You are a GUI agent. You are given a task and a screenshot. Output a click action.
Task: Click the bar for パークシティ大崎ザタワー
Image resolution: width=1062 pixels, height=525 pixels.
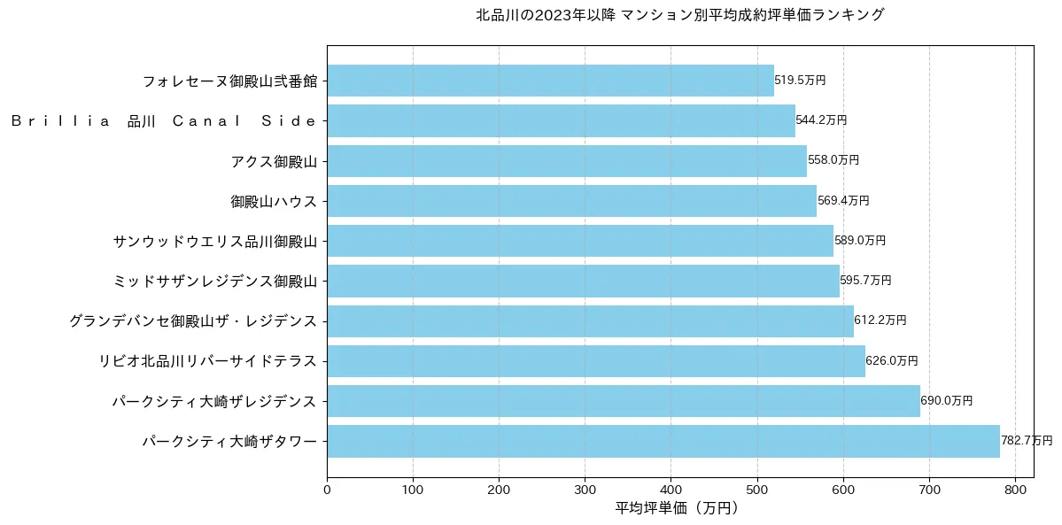663,441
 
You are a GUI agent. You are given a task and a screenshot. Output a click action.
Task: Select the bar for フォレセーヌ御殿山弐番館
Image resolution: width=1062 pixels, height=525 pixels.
550,81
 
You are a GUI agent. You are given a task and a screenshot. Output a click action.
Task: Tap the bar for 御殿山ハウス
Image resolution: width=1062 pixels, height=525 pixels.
571,201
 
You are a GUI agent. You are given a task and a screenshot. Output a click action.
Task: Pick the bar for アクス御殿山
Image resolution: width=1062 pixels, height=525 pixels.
567,161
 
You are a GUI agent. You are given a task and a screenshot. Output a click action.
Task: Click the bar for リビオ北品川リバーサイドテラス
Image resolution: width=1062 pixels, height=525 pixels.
595,361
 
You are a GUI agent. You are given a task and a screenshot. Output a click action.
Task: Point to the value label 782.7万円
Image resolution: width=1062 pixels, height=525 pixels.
1027,441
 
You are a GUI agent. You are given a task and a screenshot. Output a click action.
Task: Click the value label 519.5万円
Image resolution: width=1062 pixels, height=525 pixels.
800,81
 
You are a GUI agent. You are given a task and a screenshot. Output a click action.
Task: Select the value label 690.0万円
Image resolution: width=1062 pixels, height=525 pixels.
946,401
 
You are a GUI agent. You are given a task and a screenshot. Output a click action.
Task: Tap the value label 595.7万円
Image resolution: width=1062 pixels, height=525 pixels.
865,281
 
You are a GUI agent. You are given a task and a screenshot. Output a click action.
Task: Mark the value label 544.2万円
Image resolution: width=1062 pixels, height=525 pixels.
821,120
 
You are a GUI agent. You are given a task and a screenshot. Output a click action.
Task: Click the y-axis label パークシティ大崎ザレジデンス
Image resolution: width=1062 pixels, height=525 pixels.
213,401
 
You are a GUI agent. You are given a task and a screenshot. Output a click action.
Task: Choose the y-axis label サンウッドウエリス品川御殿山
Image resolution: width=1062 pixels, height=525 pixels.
215,241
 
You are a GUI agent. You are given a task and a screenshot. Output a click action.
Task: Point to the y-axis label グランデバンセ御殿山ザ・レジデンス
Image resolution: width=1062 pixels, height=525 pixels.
193,321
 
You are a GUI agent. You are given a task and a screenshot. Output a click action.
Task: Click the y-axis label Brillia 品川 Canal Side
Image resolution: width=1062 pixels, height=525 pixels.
164,121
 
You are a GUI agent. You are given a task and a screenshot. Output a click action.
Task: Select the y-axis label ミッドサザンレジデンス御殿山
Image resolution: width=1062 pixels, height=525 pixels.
215,281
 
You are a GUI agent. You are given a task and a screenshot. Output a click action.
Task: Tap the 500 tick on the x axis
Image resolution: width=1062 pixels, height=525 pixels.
757,487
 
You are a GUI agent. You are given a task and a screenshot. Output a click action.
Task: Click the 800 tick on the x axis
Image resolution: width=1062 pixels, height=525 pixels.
1015,487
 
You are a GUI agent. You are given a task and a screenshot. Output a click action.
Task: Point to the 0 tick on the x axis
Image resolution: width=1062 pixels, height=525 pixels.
327,487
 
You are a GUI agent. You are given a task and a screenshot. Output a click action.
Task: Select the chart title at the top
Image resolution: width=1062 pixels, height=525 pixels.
679,15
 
